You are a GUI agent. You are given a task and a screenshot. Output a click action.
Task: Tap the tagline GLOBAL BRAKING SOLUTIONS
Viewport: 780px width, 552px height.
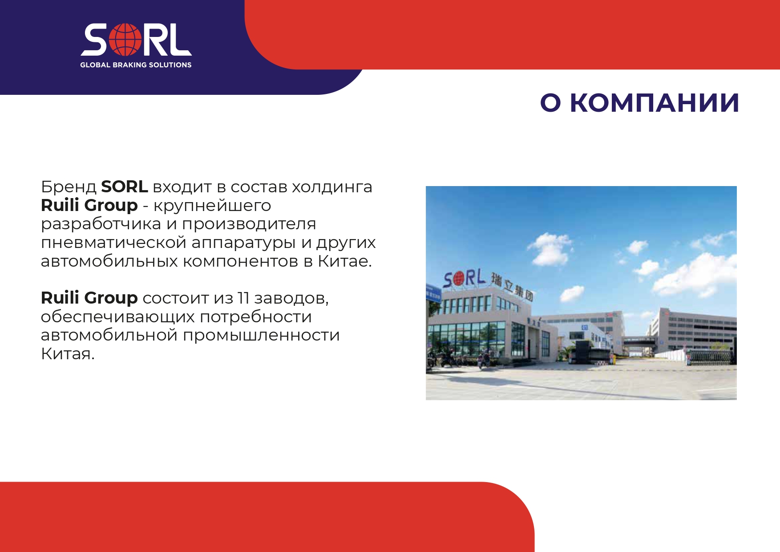pos(136,65)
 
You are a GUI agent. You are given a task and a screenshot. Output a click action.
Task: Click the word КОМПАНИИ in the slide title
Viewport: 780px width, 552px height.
pos(655,103)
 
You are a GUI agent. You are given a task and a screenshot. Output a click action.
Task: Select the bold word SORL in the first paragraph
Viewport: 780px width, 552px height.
pos(125,187)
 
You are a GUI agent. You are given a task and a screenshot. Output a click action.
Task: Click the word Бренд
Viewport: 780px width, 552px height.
pos(69,187)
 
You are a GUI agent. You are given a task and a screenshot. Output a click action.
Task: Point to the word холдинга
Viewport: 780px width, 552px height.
pos(332,187)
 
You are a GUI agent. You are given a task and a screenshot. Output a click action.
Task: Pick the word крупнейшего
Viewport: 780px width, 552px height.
pos(212,206)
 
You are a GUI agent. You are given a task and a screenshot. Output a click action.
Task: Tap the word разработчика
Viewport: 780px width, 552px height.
pos(101,224)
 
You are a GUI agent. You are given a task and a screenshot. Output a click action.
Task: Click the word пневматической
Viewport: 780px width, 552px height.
pos(113,243)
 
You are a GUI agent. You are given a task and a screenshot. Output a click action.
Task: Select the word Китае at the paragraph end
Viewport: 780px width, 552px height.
pos(344,261)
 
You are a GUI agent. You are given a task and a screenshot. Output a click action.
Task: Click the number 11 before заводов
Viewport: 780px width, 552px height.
pos(243,298)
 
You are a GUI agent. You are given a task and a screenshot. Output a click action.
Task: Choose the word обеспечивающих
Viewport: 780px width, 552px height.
pos(118,317)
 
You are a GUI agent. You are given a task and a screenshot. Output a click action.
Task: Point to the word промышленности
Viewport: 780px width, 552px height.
pos(261,335)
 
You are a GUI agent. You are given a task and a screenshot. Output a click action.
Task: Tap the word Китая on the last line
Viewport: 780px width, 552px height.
pos(68,353)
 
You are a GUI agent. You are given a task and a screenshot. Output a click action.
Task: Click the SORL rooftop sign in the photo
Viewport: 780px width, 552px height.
pos(464,279)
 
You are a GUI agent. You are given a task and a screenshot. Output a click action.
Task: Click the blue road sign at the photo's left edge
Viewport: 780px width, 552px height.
pos(433,294)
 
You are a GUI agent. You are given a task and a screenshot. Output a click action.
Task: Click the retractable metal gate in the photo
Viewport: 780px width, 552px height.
pos(711,356)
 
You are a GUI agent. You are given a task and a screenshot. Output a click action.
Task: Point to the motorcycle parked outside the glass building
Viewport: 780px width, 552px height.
pos(484,360)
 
